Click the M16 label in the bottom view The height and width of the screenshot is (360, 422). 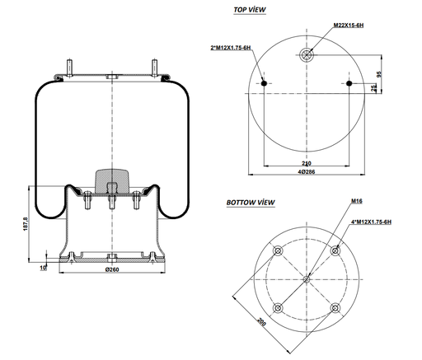356,201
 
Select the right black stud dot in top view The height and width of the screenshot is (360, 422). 349,84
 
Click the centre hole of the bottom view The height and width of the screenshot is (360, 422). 307,278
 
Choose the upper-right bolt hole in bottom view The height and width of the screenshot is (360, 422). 335,250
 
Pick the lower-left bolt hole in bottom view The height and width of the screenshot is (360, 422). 278,307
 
